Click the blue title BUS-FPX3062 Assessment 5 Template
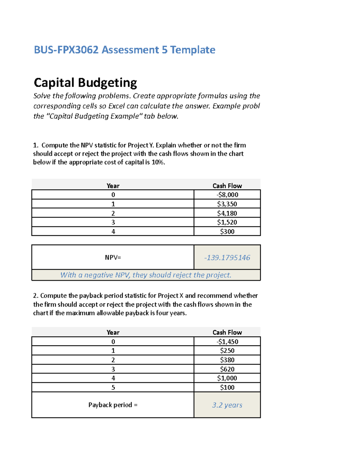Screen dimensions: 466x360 pos(124,50)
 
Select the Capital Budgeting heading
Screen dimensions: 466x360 pos(85,83)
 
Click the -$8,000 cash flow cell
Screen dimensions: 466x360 pos(227,195)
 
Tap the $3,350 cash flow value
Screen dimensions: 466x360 pos(227,204)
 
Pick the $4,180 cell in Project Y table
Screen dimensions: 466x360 pos(227,213)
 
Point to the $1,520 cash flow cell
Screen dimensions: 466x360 pos(227,222)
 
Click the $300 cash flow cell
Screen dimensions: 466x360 pos(227,232)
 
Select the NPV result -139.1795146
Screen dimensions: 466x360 pos(227,258)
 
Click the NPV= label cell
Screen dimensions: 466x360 pos(113,257)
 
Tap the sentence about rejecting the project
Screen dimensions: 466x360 pos(146,275)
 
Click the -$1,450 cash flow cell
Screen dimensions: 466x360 pos(227,342)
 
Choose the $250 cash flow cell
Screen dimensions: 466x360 pos(227,351)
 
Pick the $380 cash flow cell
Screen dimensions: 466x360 pos(227,360)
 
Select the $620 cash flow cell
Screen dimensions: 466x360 pos(227,369)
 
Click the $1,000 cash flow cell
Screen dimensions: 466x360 pos(227,378)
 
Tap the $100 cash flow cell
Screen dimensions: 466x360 pos(227,388)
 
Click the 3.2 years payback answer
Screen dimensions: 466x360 pos(227,405)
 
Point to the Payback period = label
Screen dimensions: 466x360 pos(113,405)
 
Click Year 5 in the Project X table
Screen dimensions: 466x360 pos(113,388)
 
